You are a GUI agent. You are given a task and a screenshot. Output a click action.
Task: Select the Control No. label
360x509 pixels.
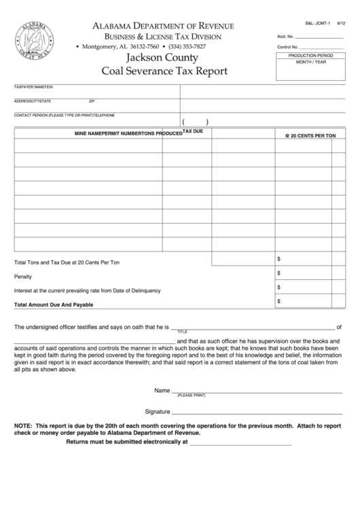pos(287,46)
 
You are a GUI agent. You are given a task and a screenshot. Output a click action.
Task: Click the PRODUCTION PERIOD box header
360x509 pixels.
pos(311,54)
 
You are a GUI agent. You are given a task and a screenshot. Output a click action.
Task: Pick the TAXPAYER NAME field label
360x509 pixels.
pos(30,88)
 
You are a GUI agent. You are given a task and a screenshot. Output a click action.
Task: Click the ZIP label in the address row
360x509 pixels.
pos(92,101)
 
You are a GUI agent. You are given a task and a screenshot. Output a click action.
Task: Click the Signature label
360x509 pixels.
pos(157,412)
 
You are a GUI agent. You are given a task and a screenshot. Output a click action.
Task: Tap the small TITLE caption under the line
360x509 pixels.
pos(182,331)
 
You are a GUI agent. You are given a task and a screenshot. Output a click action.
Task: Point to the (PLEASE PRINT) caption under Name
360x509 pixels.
pos(191,395)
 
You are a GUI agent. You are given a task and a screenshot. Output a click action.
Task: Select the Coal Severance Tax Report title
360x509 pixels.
pos(164,71)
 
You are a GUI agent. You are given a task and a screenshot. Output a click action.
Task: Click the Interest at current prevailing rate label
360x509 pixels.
pos(88,290)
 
